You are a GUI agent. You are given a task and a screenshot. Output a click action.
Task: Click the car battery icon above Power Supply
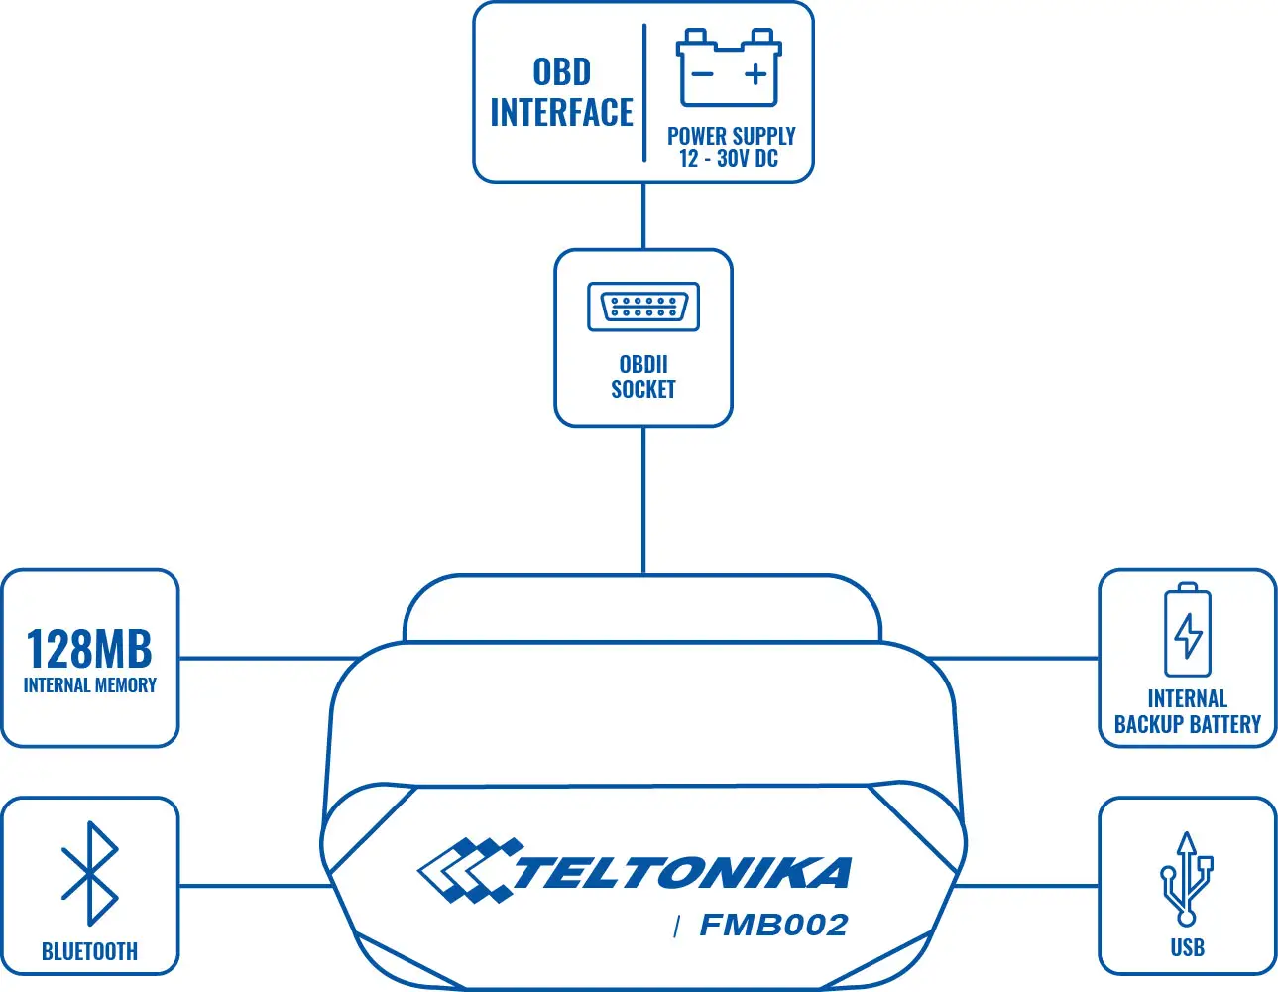729,67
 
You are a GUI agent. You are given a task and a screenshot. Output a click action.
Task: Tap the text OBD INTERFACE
561,92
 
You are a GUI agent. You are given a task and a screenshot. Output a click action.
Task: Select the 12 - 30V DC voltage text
729,159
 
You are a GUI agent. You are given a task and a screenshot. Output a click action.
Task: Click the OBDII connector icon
643,307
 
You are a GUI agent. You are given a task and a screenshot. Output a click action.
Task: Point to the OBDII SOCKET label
643,377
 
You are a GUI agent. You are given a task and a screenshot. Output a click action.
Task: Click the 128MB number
89,649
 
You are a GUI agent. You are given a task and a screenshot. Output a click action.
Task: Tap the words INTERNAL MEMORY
89,685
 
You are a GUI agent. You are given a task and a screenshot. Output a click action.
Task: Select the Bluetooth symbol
89,873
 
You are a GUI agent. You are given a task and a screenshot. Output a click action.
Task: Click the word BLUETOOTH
89,951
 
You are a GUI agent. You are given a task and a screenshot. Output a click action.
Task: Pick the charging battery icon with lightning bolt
1188,631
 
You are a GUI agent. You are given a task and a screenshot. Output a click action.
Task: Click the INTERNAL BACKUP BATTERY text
1188,711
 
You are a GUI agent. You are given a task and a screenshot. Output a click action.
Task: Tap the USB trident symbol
1187,878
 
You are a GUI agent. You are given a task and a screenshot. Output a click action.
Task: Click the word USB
1187,947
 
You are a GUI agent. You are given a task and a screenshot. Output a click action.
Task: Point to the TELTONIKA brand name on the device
682,873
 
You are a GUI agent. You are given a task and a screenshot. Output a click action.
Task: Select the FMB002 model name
773,926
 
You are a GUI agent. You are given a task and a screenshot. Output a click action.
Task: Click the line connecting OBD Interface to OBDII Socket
643,215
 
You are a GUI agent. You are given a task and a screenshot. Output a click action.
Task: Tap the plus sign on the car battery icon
756,74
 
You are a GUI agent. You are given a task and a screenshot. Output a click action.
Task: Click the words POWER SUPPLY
731,136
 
